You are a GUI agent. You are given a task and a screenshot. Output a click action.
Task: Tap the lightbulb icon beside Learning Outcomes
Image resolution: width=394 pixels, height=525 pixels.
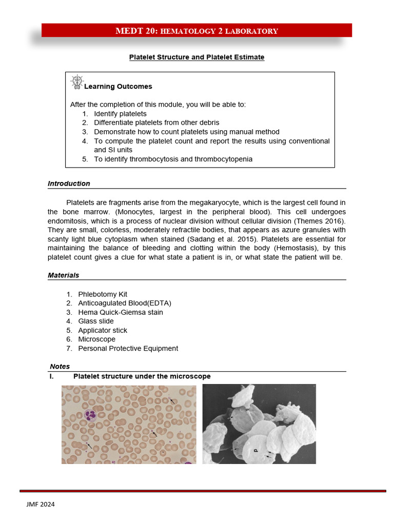(x=76, y=82)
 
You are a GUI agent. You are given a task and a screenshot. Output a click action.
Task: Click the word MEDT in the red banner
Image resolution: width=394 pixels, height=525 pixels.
(x=130, y=31)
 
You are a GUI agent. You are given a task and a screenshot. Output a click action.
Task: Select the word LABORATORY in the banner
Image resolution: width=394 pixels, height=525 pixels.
(x=254, y=31)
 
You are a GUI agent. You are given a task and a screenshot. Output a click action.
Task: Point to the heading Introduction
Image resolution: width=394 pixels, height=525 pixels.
(x=69, y=184)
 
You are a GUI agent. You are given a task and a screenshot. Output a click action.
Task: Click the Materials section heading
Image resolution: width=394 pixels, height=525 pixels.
(x=63, y=275)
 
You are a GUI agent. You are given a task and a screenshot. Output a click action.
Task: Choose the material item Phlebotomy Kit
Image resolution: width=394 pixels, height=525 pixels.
(x=102, y=294)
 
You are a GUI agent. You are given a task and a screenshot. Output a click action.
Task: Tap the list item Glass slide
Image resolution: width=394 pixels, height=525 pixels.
(x=95, y=321)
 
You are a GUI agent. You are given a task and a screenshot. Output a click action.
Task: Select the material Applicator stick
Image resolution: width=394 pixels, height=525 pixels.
(x=103, y=330)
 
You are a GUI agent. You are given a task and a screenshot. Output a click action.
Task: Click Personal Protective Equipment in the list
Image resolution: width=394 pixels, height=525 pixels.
(x=128, y=349)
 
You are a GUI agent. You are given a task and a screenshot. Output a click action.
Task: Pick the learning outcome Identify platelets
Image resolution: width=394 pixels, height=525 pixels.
(x=120, y=114)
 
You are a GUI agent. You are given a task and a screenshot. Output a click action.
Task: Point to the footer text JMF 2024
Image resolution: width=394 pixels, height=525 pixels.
(x=41, y=504)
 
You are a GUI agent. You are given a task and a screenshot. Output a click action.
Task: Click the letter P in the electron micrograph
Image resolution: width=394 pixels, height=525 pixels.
(x=255, y=451)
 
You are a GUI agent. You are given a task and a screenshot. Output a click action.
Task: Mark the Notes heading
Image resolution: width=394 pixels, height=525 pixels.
(x=60, y=367)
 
